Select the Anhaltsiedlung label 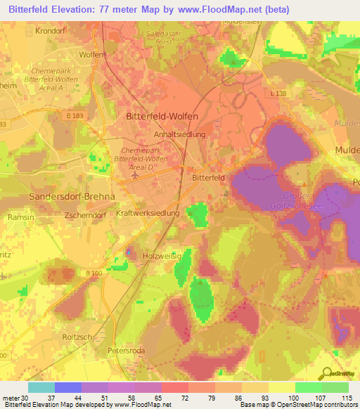pos(179,134)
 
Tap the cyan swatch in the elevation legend pos(41,387)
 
